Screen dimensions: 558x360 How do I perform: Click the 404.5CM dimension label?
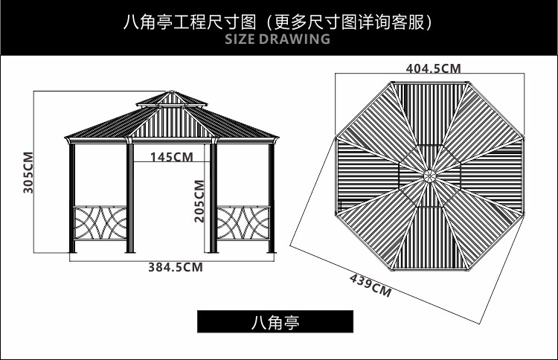point(433,68)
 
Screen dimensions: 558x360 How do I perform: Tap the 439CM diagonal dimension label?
point(371,285)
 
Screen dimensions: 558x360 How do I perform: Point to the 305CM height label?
point(28,173)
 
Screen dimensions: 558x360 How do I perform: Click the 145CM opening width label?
point(171,157)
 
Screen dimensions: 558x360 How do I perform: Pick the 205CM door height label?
point(199,201)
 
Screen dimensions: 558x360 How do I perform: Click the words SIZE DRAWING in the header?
point(277,39)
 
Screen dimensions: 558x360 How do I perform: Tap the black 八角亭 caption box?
point(275,321)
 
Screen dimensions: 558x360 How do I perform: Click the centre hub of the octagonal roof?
point(429,176)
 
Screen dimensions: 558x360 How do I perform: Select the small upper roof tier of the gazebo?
point(172,100)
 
